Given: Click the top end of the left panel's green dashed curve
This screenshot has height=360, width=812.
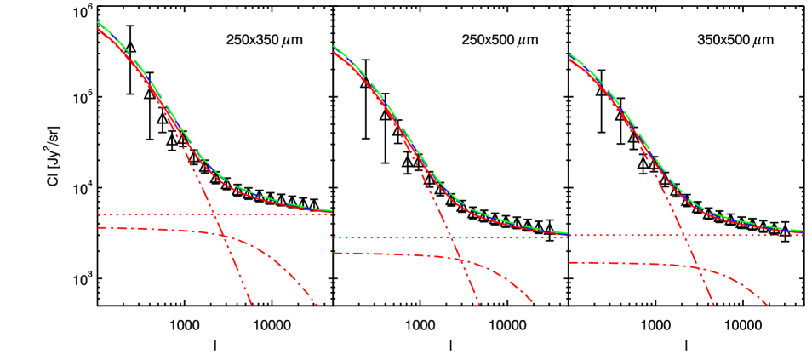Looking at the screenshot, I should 99,22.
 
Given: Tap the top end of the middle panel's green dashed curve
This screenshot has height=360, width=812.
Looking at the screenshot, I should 334,46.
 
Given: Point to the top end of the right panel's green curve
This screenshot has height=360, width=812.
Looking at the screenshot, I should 569,54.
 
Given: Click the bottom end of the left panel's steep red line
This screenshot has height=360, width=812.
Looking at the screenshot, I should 252,304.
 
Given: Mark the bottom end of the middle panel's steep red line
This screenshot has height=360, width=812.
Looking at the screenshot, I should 479,304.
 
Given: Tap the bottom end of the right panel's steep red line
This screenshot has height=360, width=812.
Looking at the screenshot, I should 713,304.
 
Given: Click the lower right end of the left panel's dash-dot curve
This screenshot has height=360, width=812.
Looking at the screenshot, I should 317,304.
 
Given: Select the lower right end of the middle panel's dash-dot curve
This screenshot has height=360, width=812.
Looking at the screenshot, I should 536,304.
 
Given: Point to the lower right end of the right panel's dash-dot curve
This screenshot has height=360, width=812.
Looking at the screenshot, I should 769,304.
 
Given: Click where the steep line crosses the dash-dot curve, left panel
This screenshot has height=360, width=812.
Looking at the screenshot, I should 224,237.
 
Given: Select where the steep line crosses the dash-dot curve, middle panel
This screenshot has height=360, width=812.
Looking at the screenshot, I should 460,259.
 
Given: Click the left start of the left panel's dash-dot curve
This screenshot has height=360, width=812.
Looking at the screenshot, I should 99,227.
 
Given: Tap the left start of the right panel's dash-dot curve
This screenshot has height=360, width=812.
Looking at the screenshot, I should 569,262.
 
